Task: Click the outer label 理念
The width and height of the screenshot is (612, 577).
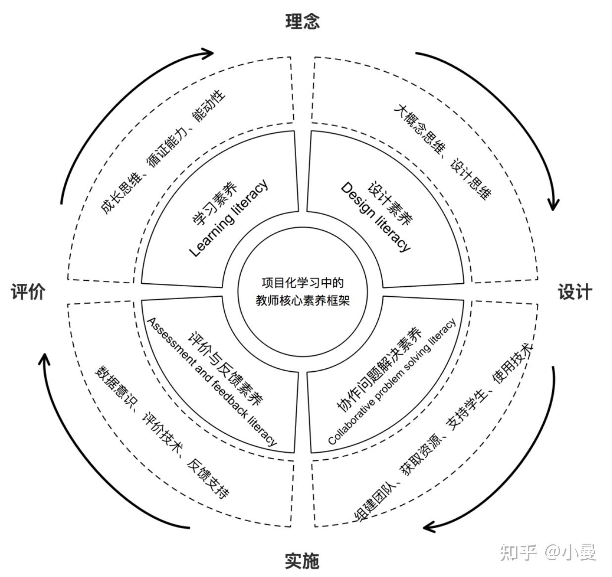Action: tap(303, 21)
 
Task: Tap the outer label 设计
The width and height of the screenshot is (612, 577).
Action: tap(575, 292)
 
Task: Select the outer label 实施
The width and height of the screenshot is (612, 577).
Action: tap(302, 561)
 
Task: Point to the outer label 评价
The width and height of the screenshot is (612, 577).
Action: tap(28, 292)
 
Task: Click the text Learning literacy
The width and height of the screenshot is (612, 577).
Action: tap(229, 218)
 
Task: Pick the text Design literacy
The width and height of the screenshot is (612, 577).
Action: tap(376, 217)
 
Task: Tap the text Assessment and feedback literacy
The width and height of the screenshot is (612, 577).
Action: tap(211, 381)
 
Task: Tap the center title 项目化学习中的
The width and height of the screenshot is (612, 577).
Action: tap(303, 283)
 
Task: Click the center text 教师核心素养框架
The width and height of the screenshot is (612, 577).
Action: tap(303, 300)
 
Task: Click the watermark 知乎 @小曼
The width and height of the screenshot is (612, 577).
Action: tap(548, 552)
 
